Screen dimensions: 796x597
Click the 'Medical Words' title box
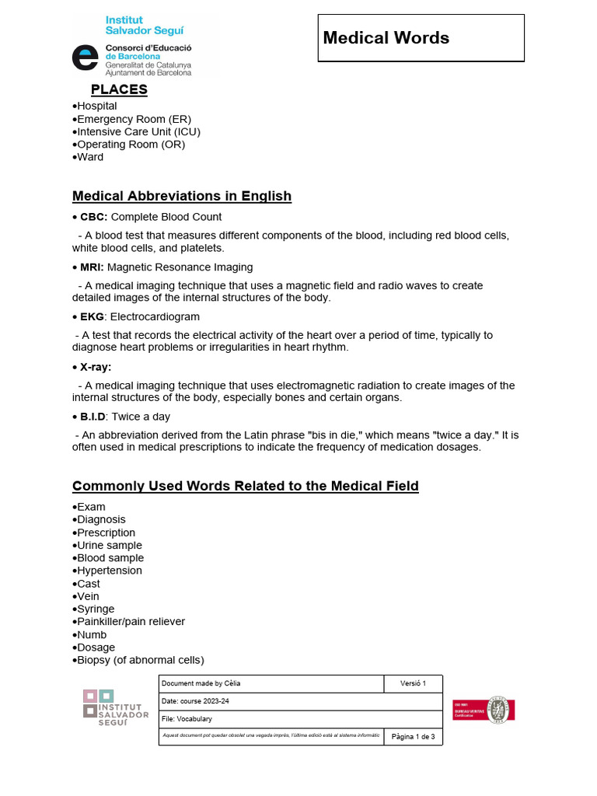pyautogui.click(x=421, y=38)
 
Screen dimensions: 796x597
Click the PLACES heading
pyautogui.click(x=119, y=89)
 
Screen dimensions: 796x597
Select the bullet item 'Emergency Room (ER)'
pyautogui.click(x=133, y=119)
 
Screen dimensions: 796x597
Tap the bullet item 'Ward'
pyautogui.click(x=90, y=157)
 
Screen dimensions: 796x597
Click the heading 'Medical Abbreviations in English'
pyautogui.click(x=182, y=196)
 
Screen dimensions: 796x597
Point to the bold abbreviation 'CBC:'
pyautogui.click(x=94, y=217)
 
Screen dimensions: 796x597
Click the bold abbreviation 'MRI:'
pyautogui.click(x=93, y=267)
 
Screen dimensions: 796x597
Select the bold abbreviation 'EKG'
pyautogui.click(x=92, y=317)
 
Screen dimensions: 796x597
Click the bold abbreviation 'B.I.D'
pyautogui.click(x=93, y=417)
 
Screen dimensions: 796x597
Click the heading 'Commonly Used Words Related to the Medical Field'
pyautogui.click(x=246, y=486)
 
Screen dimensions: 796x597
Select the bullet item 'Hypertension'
pyautogui.click(x=110, y=571)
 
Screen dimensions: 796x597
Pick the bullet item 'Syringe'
pyautogui.click(x=96, y=609)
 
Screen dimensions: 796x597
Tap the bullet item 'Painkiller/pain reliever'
pyautogui.click(x=131, y=622)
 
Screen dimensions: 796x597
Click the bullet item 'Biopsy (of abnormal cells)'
pyautogui.click(x=140, y=660)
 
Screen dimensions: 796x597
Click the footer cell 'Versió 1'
pyautogui.click(x=414, y=683)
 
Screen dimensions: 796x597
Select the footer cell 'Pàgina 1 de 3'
pyautogui.click(x=414, y=736)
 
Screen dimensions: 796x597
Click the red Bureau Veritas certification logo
pyautogui.click(x=484, y=710)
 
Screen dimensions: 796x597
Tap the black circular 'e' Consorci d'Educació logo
pyautogui.click(x=85, y=59)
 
